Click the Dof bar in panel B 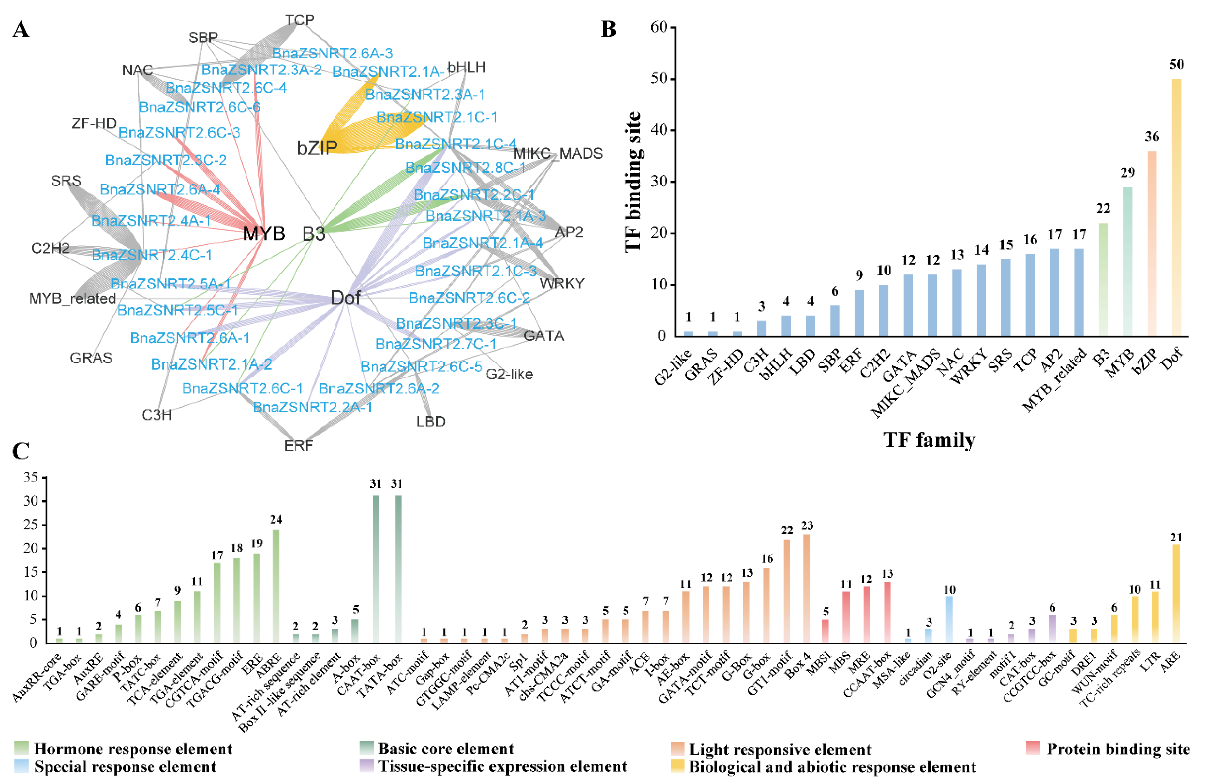point(1176,208)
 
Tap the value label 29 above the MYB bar point(1127,173)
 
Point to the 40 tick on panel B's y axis point(659,130)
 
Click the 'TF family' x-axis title point(929,440)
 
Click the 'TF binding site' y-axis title point(633,182)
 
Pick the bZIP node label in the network point(317,148)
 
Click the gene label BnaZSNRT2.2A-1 point(313,407)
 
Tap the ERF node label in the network point(298,446)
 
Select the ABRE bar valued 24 point(276,586)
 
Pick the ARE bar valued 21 point(1176,593)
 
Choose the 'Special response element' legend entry point(125,767)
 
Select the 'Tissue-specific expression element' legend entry point(502,767)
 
